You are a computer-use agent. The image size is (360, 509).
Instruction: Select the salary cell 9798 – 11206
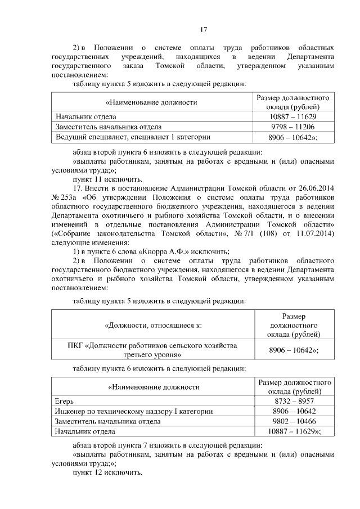pos(293,127)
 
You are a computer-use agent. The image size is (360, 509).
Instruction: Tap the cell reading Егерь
pos(64,401)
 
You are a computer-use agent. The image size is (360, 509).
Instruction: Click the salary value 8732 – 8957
pos(293,401)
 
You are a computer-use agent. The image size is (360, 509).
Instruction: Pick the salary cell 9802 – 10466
pos(293,421)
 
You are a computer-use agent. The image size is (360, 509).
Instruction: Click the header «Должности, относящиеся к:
pos(152,325)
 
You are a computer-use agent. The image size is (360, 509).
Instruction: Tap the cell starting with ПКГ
pos(152,350)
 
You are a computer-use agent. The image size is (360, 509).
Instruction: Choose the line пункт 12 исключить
pos(107,472)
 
